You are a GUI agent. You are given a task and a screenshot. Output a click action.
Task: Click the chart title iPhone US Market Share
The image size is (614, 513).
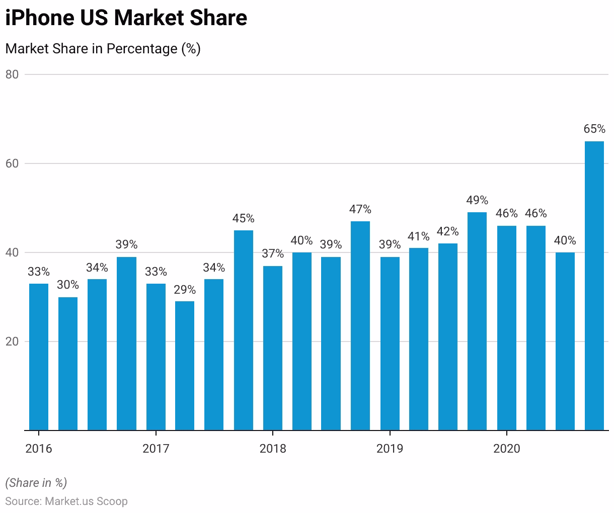(x=126, y=18)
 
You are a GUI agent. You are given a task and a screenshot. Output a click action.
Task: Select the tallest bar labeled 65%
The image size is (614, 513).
(x=594, y=286)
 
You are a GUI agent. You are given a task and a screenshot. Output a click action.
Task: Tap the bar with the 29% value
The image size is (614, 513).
(x=185, y=366)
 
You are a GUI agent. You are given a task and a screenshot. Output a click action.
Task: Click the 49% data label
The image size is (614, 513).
(x=477, y=200)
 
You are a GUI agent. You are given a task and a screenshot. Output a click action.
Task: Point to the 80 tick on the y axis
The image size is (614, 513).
(x=12, y=74)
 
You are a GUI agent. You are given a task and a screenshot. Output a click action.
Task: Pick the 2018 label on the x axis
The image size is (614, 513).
(x=272, y=449)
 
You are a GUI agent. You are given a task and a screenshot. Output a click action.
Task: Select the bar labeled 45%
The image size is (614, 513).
(x=243, y=330)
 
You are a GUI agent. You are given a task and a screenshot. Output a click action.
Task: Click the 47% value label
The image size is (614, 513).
(x=360, y=209)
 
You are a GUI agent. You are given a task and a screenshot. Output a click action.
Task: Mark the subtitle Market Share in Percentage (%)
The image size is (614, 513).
(x=103, y=49)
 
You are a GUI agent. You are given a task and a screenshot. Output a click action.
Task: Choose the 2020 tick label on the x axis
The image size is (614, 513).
(x=506, y=449)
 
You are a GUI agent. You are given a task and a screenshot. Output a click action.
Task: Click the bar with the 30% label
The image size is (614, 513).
(x=68, y=364)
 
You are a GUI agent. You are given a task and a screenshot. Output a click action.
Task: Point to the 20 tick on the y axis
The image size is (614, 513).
(x=12, y=341)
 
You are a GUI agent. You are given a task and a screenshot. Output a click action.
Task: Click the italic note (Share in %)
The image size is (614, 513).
(x=36, y=483)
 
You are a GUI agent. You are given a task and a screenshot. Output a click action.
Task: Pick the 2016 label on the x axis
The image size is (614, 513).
(x=39, y=449)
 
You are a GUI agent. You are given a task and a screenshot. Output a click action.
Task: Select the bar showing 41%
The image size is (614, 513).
(x=419, y=339)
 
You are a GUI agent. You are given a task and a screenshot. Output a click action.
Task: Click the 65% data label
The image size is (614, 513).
(x=594, y=129)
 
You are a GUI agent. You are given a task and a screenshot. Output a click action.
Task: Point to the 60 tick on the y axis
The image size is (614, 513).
(x=12, y=163)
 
